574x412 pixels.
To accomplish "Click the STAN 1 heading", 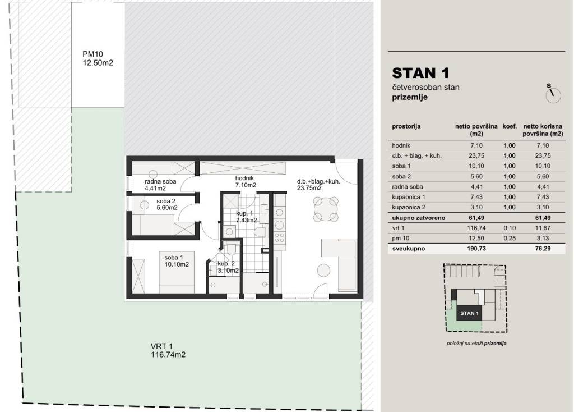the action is pos(420,73).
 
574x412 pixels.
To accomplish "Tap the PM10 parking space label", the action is pos(98,58).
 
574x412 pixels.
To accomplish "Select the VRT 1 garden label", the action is pos(168,350).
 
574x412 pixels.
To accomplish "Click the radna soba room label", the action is pos(160,185).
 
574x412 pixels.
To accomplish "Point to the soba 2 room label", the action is pos(167,204).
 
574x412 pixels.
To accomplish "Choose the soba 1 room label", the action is pos(177,260).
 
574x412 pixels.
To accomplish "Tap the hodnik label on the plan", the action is pos(246,182).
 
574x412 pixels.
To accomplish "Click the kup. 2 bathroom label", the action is pos(228,267).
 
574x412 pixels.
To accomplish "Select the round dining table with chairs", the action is pos(326,209).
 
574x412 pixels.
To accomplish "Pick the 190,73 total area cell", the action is pos(476,249).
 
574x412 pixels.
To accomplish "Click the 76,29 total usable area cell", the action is pos(543,249).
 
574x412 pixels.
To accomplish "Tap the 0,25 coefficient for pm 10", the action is pos(510,238).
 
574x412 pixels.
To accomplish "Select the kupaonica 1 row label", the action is pos(409,197).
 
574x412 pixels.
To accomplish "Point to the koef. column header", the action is pos(510,126).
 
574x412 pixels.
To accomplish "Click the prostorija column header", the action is pos(406,126).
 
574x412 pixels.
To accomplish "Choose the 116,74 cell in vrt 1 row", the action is pos(476,228).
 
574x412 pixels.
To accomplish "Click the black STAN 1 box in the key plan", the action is pos(469,313).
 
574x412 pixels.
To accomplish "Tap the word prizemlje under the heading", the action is pos(409,97).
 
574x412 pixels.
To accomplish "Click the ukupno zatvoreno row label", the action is pos(418,218).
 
